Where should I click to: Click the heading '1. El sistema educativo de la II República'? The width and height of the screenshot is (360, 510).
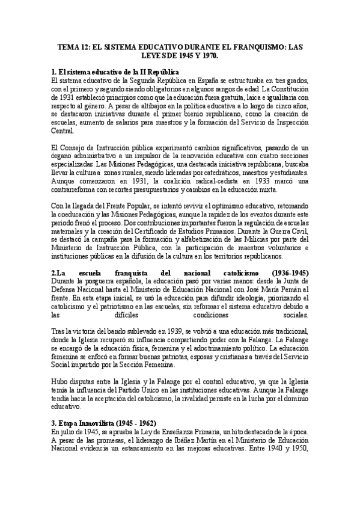point(112,72)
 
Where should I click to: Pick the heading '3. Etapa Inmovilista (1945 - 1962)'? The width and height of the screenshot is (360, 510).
point(104,423)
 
